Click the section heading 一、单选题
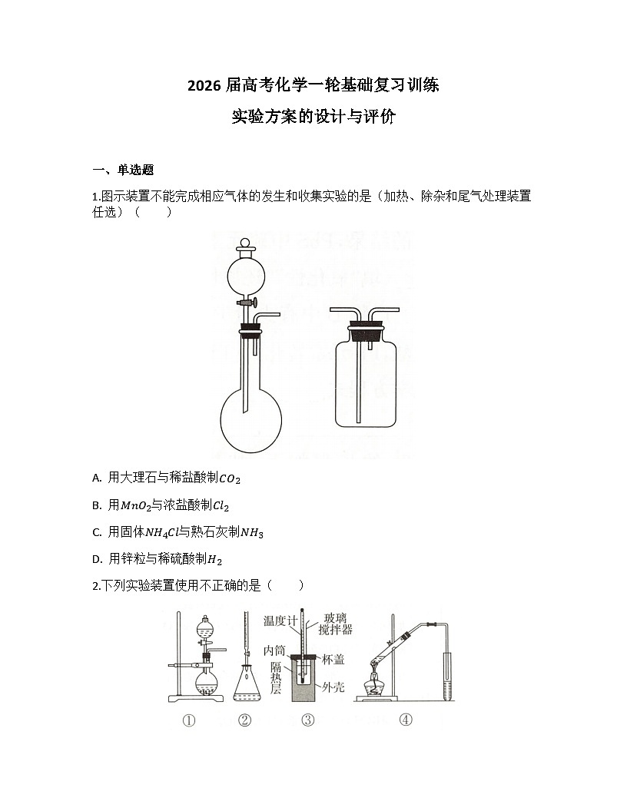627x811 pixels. click(123, 170)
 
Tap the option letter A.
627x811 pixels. click(97, 478)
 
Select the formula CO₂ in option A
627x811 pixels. click(230, 479)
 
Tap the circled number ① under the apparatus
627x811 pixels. click(189, 720)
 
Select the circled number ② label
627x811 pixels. click(244, 720)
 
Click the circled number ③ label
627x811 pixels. click(307, 720)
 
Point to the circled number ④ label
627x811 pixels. click(405, 720)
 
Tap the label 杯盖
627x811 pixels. click(333, 659)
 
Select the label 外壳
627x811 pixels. click(333, 687)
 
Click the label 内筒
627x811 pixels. click(274, 650)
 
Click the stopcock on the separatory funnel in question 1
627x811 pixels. click(250, 306)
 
